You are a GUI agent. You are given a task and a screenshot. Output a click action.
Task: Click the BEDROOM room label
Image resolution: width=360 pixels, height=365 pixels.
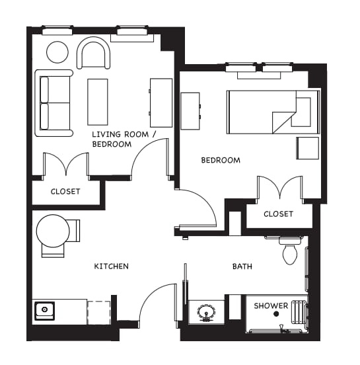click(221, 160)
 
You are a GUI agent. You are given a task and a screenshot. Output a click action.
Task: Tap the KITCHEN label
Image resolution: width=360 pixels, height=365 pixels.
click(111, 266)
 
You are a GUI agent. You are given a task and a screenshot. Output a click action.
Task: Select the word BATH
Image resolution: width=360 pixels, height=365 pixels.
click(242, 266)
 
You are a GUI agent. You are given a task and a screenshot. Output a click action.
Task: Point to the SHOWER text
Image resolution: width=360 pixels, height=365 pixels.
click(271, 305)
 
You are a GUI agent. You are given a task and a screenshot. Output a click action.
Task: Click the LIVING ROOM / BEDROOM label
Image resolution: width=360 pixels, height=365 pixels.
click(124, 139)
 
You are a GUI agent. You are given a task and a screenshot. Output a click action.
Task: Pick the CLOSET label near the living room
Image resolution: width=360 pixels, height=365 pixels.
click(65, 192)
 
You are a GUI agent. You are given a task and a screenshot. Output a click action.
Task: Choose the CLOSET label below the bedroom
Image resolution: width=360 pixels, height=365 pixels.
click(278, 214)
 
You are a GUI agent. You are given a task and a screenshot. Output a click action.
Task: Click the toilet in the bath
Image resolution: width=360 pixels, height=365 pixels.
click(289, 252)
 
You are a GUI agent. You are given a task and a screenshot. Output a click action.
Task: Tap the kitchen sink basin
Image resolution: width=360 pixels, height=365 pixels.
click(45, 309)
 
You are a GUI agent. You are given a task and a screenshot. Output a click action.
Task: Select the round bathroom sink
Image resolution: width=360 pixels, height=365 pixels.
click(206, 312)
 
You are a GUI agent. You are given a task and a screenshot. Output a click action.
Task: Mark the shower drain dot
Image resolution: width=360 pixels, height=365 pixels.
click(277, 314)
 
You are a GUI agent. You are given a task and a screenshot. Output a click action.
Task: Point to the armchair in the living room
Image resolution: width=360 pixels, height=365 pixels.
click(94, 54)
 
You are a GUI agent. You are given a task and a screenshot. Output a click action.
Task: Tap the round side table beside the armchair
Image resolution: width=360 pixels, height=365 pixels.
click(57, 52)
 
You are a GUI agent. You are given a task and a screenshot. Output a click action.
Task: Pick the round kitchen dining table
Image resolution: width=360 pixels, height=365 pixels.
click(53, 231)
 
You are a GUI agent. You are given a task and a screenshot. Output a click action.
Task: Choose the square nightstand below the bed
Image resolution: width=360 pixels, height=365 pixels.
click(307, 147)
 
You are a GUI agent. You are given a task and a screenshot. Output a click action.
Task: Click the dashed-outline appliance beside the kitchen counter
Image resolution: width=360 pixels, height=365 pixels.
click(98, 311)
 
